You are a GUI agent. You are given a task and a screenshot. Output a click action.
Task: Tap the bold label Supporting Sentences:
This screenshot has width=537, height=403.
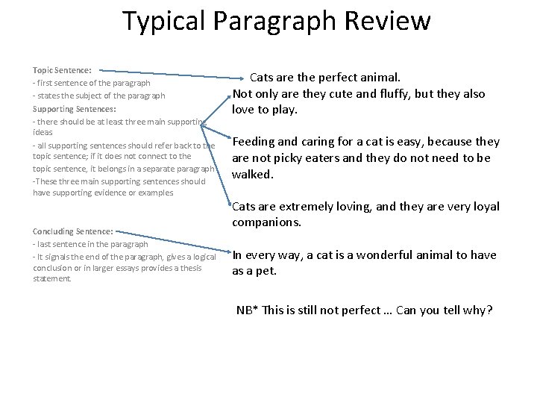click(x=73, y=108)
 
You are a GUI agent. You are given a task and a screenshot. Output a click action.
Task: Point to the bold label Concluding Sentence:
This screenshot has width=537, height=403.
click(x=73, y=231)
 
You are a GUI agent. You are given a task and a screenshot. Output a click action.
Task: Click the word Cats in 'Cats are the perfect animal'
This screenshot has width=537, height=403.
click(x=264, y=77)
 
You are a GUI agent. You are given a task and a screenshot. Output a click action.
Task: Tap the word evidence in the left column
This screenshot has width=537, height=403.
click(x=125, y=193)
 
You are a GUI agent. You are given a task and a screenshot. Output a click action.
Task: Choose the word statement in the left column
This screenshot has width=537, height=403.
click(x=51, y=280)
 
